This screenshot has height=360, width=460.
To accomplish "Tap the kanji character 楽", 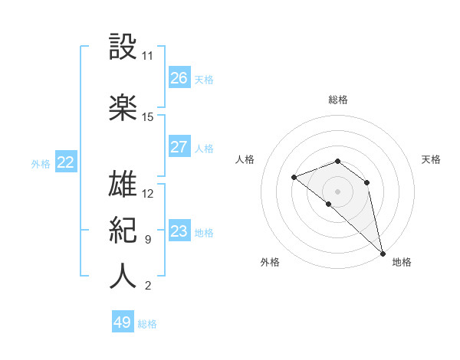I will [x=123, y=107].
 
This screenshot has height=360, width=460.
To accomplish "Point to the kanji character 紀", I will [x=123, y=230].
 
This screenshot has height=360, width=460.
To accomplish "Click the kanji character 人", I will [x=123, y=277].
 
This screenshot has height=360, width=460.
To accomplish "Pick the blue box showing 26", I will [x=179, y=78].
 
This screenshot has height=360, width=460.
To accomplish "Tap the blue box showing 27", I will [x=179, y=147].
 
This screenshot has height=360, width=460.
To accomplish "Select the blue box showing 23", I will [x=179, y=231].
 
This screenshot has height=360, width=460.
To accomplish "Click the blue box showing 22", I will [x=65, y=162].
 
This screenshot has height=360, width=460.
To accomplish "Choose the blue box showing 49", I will [x=123, y=322].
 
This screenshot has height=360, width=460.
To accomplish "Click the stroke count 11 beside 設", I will [x=148, y=56].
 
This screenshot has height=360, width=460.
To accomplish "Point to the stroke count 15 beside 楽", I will [x=148, y=117].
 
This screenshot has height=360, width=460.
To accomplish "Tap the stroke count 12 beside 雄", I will [x=148, y=194].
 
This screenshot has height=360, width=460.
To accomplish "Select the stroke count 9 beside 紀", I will [x=148, y=240].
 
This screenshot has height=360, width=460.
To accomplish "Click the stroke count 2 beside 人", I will [x=148, y=286].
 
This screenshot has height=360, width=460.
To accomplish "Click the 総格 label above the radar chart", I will [x=338, y=100].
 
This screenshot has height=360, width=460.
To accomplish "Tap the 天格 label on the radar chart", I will [x=432, y=159].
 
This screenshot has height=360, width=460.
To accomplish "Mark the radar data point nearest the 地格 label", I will [x=383, y=253].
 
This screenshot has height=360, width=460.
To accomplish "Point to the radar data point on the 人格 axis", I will [x=294, y=177].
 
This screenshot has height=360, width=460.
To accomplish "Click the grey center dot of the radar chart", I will [x=338, y=191].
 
